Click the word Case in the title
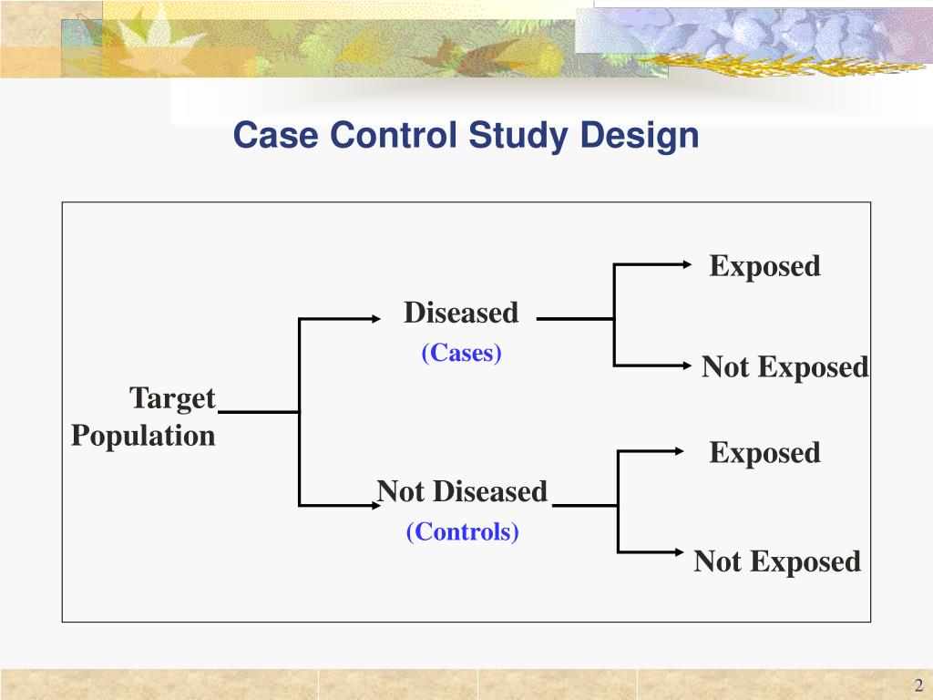pos(275,135)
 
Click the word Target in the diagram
pos(172,398)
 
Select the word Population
pos(143,436)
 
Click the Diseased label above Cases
pos(461,313)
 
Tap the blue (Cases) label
pos(462,353)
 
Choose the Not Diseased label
pos(462,491)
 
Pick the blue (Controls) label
pos(462,531)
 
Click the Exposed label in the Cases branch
pos(765,266)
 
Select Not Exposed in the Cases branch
pos(784,366)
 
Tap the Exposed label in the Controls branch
pos(765,452)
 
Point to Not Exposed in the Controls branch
pos(777,561)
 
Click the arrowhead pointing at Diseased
pos(376,319)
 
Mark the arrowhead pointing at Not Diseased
pos(376,505)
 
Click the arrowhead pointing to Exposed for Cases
pos(687,264)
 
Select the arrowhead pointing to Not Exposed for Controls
pos(680,552)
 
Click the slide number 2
pos(918,685)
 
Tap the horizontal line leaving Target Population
pos(259,411)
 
